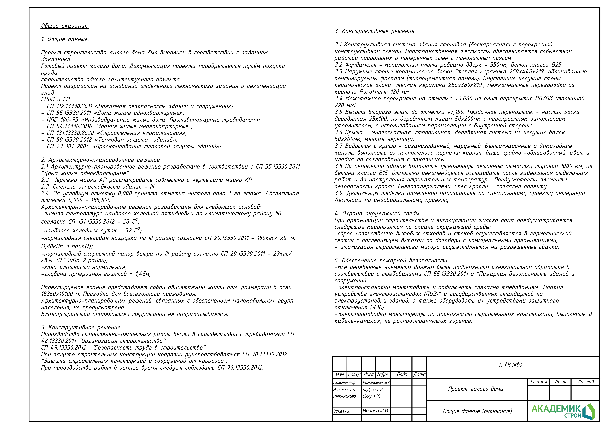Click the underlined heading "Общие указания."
[x=65, y=26]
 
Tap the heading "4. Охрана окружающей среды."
[x=377, y=213]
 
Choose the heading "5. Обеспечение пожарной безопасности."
[x=391, y=260]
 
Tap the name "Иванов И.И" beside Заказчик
[x=375, y=411]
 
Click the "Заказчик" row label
[x=342, y=411]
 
